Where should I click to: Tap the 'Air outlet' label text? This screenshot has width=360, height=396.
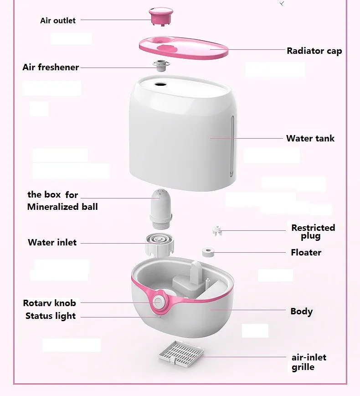(x=58, y=21)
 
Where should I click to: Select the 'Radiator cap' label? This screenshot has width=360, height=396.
(x=314, y=51)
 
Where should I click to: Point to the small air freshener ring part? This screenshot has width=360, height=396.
(x=161, y=65)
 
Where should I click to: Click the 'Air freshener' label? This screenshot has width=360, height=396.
(x=51, y=68)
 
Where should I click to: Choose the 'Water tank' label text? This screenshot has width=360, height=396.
(x=310, y=138)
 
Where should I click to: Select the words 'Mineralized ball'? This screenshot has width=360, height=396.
(x=62, y=207)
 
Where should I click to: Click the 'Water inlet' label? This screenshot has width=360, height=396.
(x=52, y=242)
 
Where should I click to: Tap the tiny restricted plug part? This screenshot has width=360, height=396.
(x=217, y=230)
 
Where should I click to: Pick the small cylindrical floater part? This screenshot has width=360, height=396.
(x=209, y=251)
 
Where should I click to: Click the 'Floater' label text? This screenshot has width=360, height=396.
(x=306, y=252)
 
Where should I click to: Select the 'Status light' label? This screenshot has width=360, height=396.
(x=51, y=316)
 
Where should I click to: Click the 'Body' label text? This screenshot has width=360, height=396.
(x=301, y=312)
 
